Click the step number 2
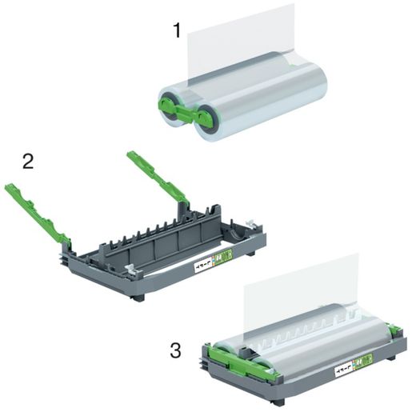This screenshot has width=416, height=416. pyautogui.click(x=28, y=161)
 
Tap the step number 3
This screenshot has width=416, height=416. pyautogui.click(x=175, y=349)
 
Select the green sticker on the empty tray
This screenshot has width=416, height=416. pyautogui.click(x=226, y=257)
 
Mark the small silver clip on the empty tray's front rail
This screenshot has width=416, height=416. pyautogui.click(x=128, y=270)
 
